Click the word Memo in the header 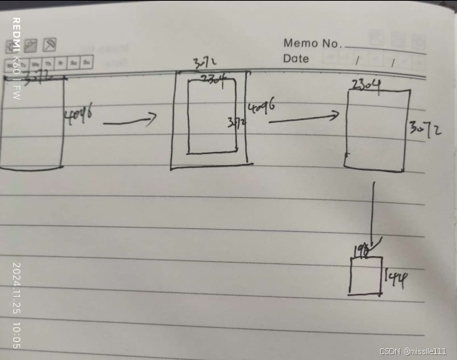[300, 43]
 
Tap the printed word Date [296, 59]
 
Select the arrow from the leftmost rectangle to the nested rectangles [130, 121]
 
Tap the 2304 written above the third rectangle [366, 85]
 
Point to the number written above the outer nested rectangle [204, 65]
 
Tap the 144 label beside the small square [395, 276]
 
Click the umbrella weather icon [50, 45]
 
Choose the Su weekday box [86, 63]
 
